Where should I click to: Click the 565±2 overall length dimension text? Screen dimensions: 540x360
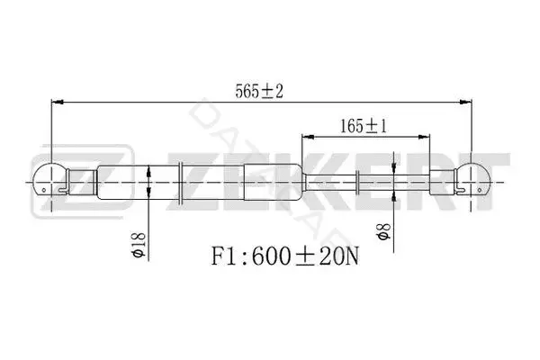pyautogui.click(x=259, y=91)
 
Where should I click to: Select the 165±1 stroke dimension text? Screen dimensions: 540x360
pyautogui.click(x=364, y=126)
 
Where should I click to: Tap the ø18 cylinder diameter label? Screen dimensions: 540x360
pyautogui.click(x=139, y=246)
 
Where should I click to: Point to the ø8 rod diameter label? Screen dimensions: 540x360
pyautogui.click(x=384, y=231)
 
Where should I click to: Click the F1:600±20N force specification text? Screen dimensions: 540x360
pyautogui.click(x=284, y=256)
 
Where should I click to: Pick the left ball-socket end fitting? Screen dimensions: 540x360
pyautogui.click(x=49, y=180)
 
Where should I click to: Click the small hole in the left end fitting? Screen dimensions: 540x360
pyautogui.click(x=44, y=190)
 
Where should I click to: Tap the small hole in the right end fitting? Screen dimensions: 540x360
pyautogui.click(x=480, y=190)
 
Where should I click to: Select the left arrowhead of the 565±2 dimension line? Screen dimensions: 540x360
pyautogui.click(x=58, y=102)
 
